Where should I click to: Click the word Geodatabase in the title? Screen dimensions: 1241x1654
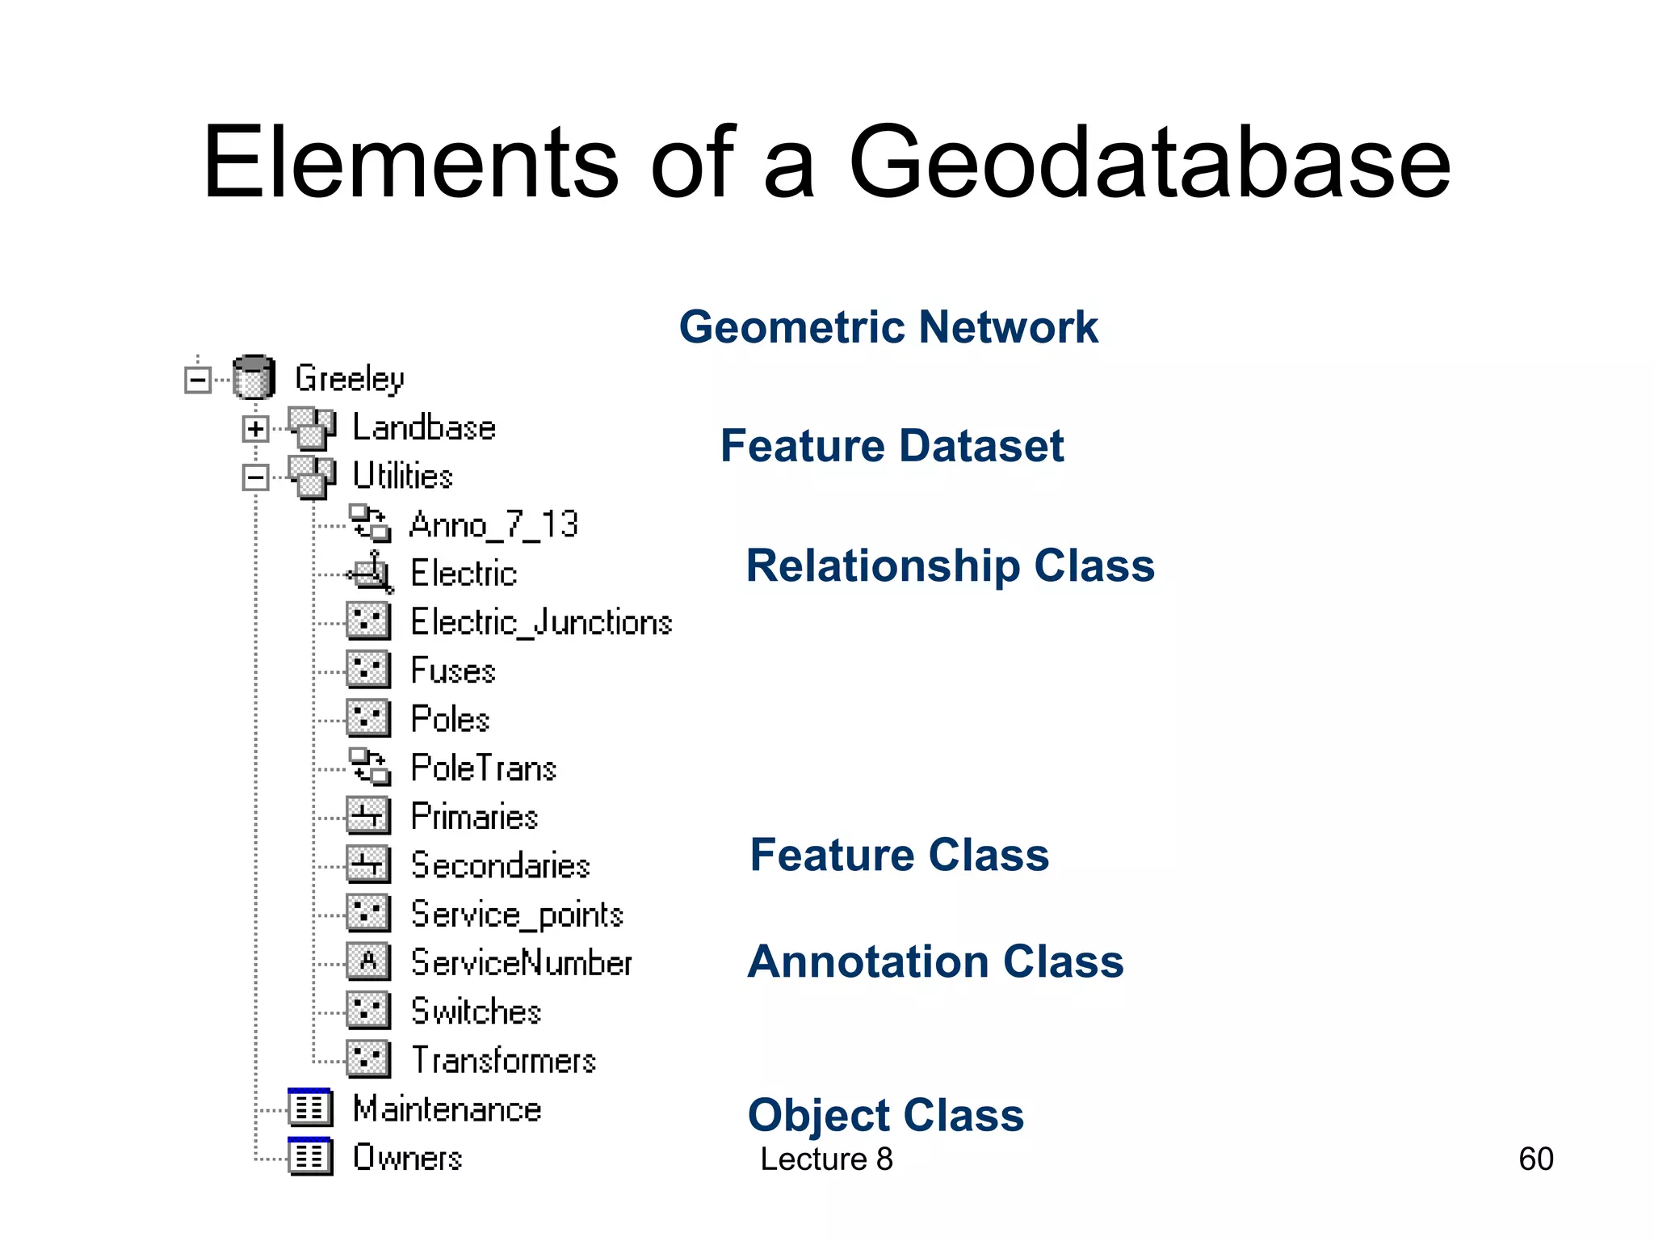pyautogui.click(x=1149, y=162)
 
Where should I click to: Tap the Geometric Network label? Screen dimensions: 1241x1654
pyautogui.click(x=888, y=327)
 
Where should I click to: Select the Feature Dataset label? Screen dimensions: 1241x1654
pyautogui.click(x=892, y=446)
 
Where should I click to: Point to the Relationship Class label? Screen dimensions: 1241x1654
pyautogui.click(x=950, y=566)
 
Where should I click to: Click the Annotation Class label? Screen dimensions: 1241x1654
pyautogui.click(x=935, y=961)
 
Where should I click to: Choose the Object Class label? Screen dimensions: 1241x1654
pyautogui.click(x=885, y=1115)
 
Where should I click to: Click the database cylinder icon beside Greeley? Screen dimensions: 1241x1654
pyautogui.click(x=254, y=377)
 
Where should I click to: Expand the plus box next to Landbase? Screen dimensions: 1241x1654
pyautogui.click(x=255, y=428)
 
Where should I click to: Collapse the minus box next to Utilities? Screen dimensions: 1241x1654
pyautogui.click(x=255, y=477)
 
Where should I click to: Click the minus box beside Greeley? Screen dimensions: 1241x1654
pyautogui.click(x=197, y=379)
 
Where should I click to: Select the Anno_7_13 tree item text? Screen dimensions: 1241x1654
pyautogui.click(x=493, y=525)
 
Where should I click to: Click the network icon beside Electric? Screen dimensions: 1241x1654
pyautogui.click(x=371, y=573)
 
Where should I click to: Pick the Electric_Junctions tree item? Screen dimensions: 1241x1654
pyautogui.click(x=541, y=622)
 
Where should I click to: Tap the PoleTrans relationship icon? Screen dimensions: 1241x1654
pyautogui.click(x=369, y=767)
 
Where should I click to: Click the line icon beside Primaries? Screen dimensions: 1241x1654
pyautogui.click(x=368, y=816)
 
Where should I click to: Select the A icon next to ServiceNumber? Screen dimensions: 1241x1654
pyautogui.click(x=368, y=961)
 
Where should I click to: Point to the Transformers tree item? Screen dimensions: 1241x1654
pyautogui.click(x=503, y=1060)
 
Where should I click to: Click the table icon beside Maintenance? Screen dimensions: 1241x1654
pyautogui.click(x=310, y=1108)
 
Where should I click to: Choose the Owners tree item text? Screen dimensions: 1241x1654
pyautogui.click(x=407, y=1158)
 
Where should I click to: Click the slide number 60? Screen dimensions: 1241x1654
pyautogui.click(x=1535, y=1159)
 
